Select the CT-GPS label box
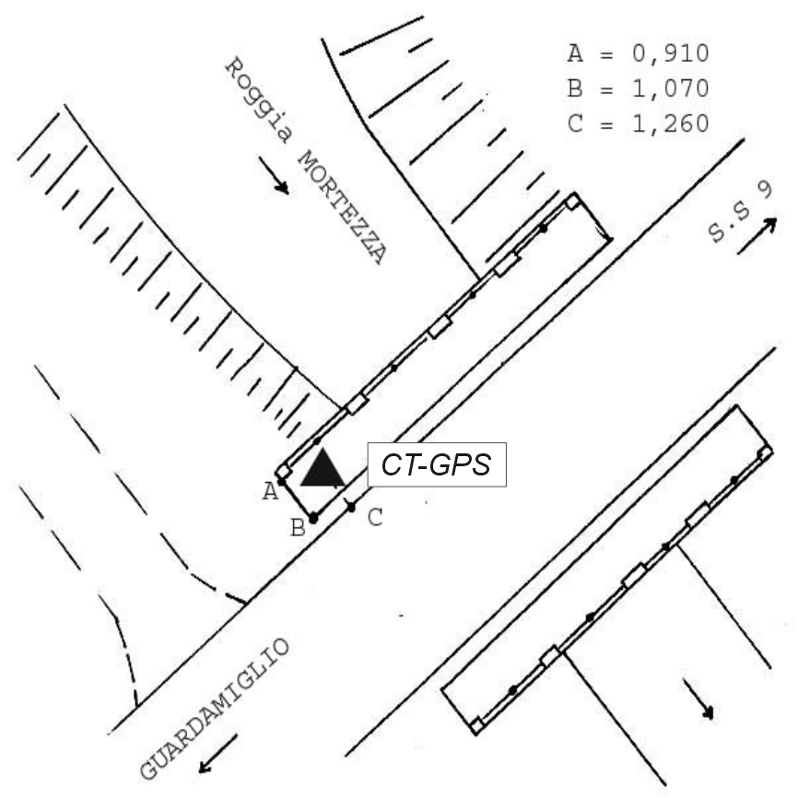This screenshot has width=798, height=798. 437,464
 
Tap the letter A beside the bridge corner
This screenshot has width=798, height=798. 270,492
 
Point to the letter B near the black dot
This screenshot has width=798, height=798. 298,528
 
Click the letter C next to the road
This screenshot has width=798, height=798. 375,518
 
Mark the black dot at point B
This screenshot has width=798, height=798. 313,519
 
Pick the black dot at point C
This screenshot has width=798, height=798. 351,507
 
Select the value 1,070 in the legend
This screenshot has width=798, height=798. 670,89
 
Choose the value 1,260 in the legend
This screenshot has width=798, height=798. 670,124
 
